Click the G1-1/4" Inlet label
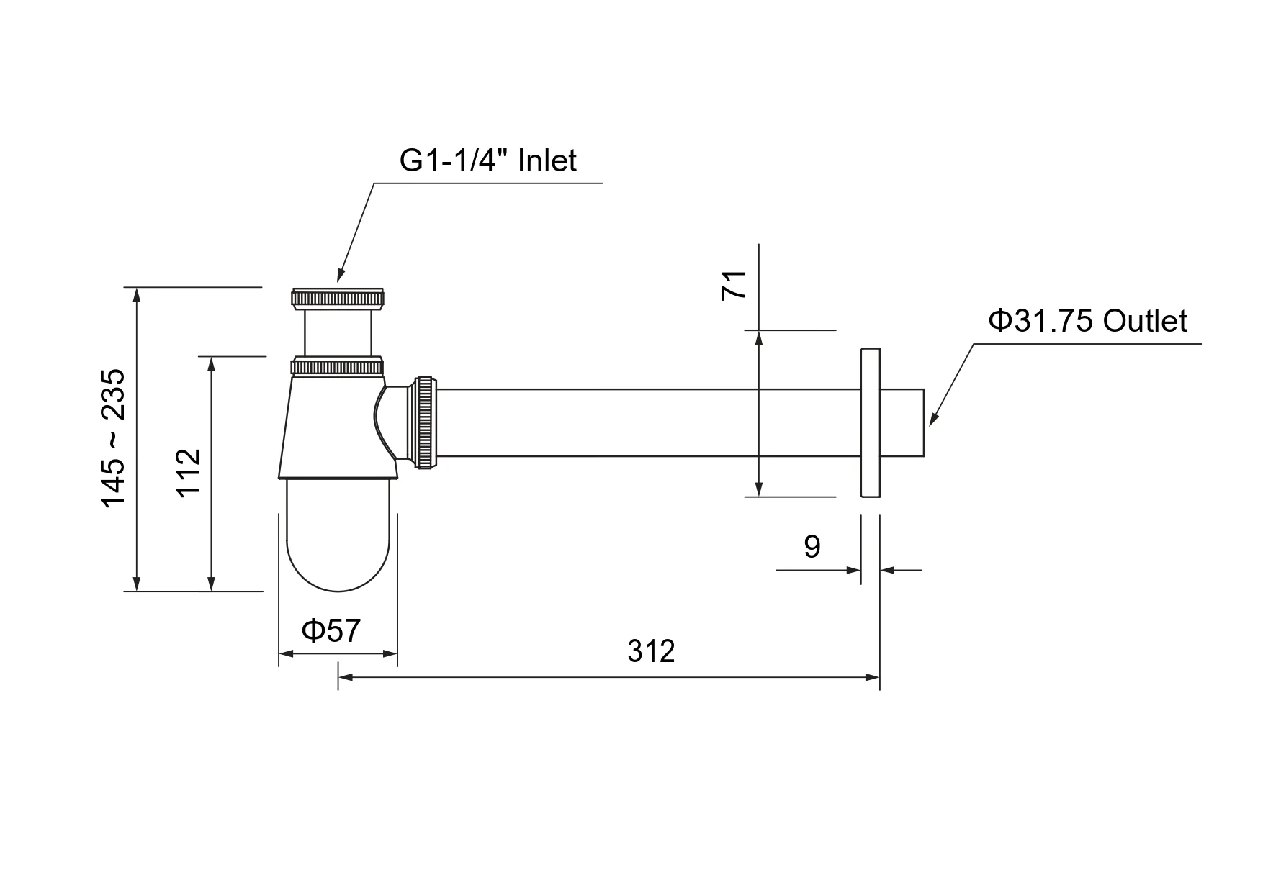point(487,160)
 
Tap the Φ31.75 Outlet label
point(1087,321)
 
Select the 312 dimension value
point(651,651)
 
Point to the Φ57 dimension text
point(331,631)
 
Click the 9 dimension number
point(812,547)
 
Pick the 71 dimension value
point(734,285)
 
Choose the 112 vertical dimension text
point(188,472)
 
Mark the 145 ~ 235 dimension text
point(113,439)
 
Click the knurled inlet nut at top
point(338,299)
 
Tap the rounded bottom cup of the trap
point(338,535)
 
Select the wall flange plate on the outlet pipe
point(870,423)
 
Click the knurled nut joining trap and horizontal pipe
point(425,422)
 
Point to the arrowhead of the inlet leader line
point(340,275)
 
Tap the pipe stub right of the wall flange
point(902,423)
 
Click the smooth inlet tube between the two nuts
point(338,333)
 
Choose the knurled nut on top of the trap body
point(338,366)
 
